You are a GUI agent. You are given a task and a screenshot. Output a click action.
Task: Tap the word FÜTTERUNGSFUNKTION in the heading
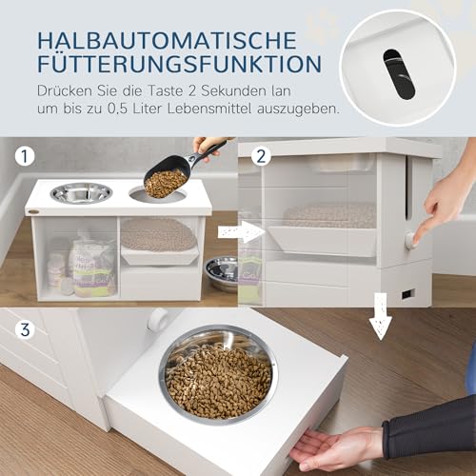coord(172,65)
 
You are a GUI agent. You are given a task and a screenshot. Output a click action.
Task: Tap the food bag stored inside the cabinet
coord(95,266)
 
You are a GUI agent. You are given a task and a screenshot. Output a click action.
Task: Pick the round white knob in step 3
coord(157,319)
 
